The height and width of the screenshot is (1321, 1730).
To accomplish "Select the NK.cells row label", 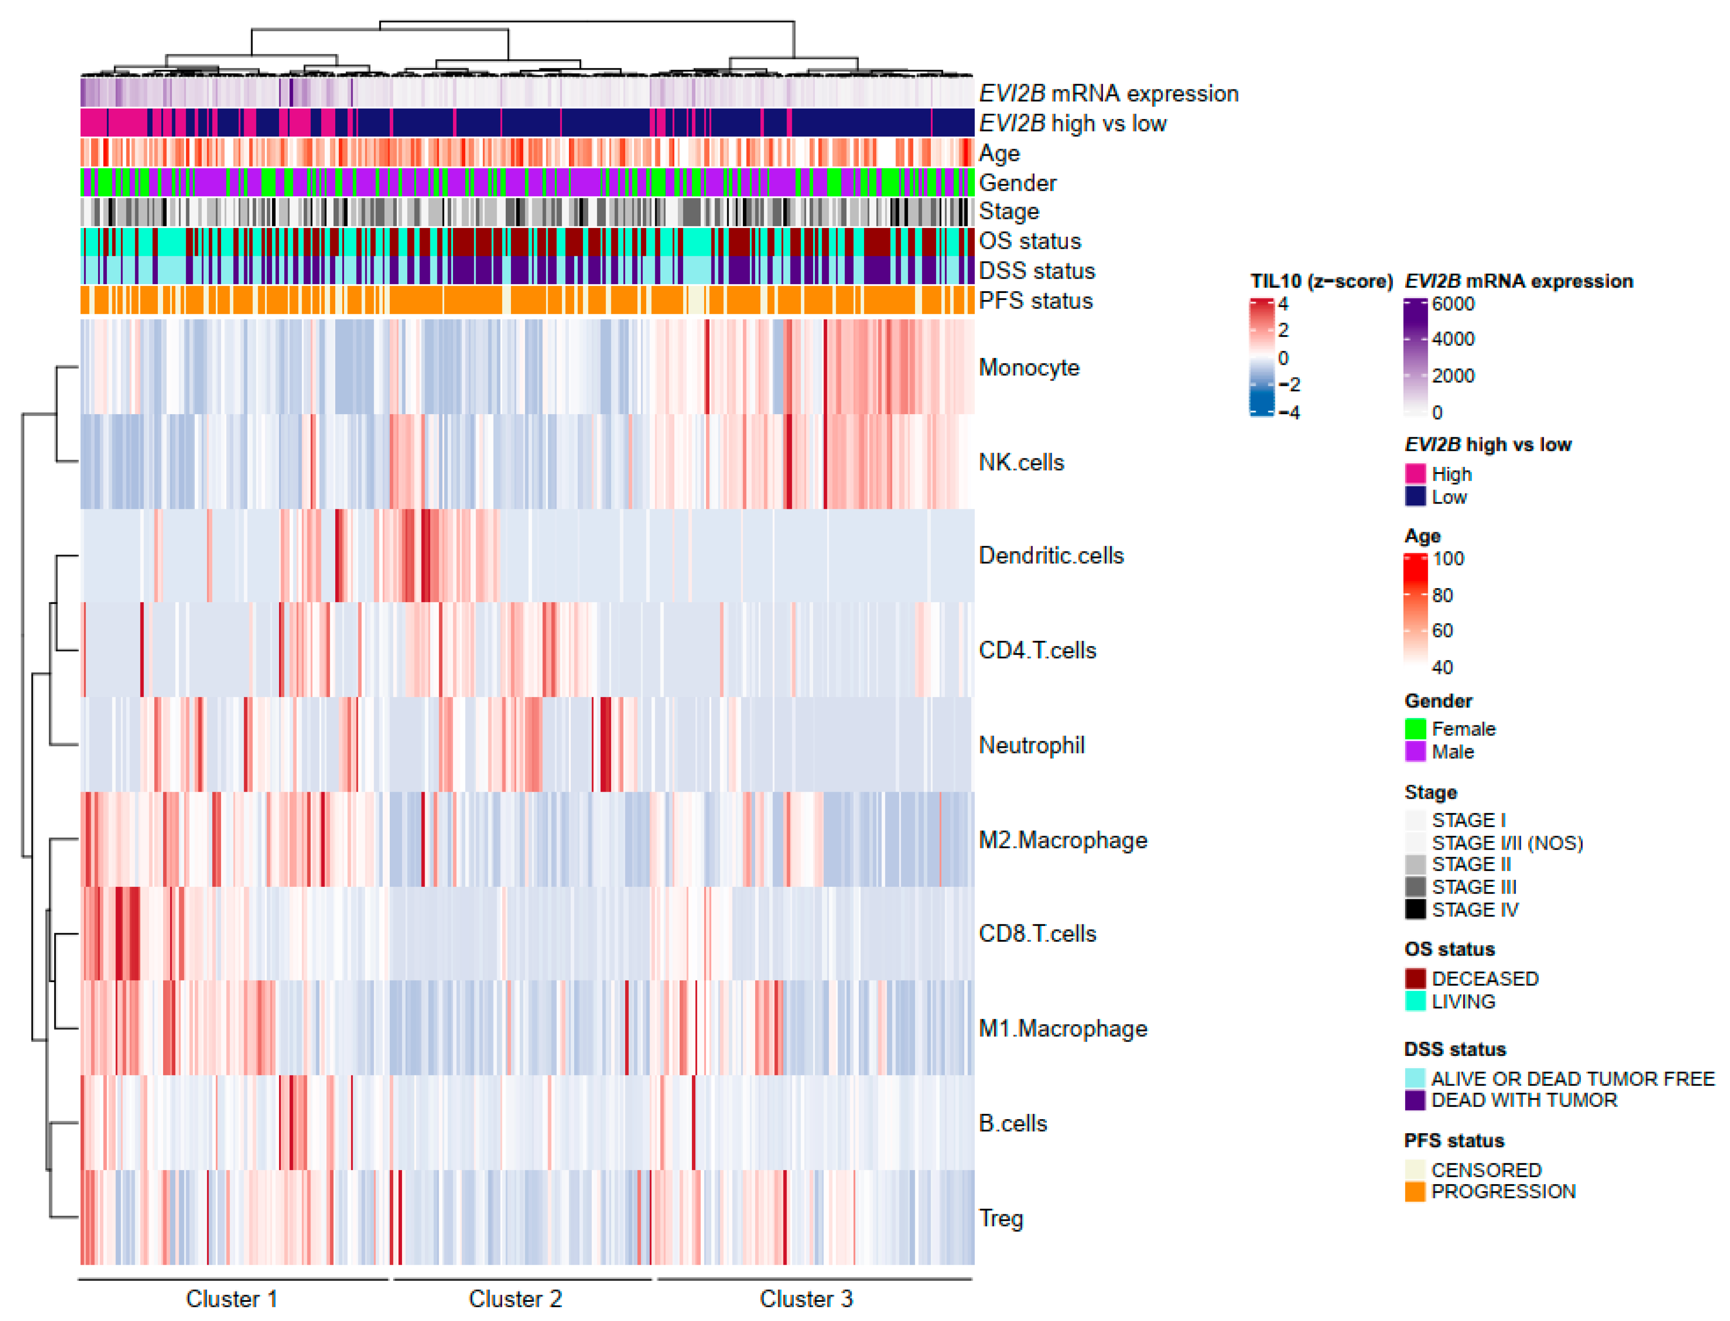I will click(x=1021, y=462).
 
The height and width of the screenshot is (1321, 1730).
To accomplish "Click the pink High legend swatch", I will click(x=1415, y=473).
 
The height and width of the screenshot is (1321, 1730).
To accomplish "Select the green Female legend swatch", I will click(x=1415, y=729).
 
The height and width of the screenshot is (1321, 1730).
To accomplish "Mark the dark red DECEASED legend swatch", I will click(x=1415, y=978).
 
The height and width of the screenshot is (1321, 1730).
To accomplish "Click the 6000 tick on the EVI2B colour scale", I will click(x=1452, y=304).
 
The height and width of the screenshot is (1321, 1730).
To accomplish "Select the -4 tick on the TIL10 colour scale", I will click(x=1287, y=412).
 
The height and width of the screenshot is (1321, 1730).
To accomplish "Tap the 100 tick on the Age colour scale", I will click(x=1447, y=559).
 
